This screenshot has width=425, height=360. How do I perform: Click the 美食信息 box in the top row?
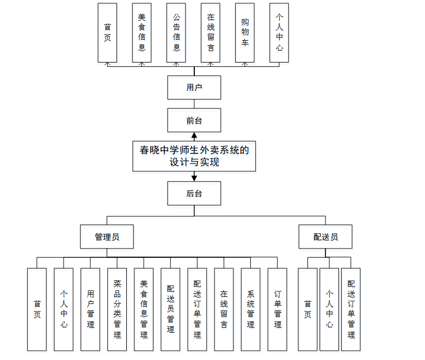pos(142,33)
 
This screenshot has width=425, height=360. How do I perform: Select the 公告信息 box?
pos(176,33)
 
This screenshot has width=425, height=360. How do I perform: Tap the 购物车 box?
pos(245,33)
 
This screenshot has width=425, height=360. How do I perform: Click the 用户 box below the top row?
pos(194,88)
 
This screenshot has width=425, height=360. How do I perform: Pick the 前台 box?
pos(194,120)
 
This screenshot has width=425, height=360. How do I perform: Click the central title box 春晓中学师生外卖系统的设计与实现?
pos(194,156)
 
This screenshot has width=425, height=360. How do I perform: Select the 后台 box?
pos(194,193)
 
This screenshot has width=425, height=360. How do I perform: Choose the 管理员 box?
pos(107,237)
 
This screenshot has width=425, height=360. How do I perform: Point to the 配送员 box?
pos(325,237)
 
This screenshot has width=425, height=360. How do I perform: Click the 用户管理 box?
pos(90,309)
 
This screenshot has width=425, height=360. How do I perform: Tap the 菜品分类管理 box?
pos(117,309)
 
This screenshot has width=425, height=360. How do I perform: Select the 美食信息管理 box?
pos(144,309)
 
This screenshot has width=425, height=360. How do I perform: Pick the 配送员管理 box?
pos(170,309)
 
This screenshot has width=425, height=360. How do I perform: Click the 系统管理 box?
pos(250,309)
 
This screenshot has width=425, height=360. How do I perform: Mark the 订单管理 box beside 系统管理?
pos(278,309)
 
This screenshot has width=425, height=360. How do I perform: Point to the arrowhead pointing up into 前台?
pos(194,136)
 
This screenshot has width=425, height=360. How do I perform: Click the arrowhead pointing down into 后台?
pos(194,177)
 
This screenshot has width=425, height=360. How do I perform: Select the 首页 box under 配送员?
pos(307,309)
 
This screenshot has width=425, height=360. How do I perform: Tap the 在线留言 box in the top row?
pos(211,33)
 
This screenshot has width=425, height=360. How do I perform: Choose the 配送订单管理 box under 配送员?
pos(351,309)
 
